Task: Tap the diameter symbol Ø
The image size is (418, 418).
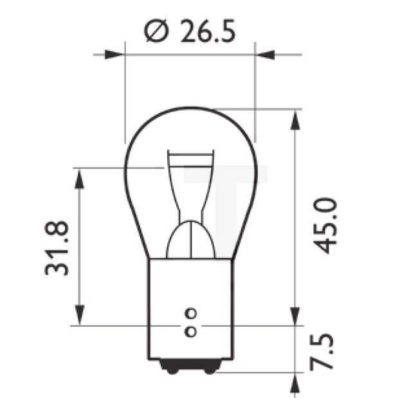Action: [156, 32]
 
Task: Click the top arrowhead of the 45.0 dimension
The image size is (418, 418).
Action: [295, 118]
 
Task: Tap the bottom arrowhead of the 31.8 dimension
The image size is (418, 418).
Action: [79, 316]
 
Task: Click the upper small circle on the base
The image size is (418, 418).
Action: [190, 313]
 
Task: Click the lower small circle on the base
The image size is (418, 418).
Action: [190, 332]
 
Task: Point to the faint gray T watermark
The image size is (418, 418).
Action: [225, 193]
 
